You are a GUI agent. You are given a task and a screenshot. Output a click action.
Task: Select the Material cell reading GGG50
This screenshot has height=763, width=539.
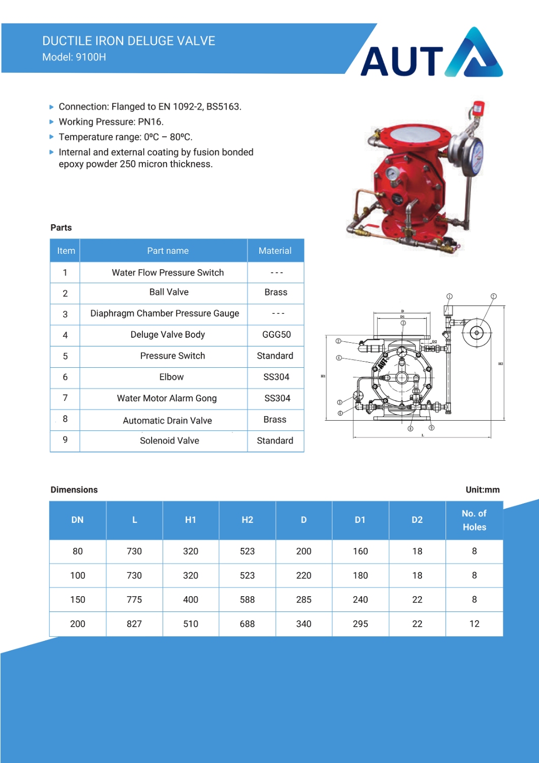[x=276, y=335]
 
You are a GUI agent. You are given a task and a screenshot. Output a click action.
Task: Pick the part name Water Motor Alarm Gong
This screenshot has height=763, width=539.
[x=167, y=398]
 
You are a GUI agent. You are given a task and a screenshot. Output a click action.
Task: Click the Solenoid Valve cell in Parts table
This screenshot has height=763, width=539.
[x=169, y=441]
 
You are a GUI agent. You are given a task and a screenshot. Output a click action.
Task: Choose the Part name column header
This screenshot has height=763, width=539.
[x=168, y=251]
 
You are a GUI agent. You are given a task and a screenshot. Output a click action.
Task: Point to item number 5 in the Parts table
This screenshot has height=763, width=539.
[x=65, y=356]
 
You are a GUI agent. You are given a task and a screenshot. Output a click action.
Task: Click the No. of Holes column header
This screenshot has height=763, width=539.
[x=474, y=520]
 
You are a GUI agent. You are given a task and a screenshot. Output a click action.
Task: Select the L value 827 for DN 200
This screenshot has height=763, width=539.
[x=134, y=624]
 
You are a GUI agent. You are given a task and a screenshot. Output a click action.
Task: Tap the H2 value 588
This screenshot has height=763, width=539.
[x=247, y=600]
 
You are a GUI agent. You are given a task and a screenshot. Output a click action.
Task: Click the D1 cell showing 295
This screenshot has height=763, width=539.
[x=360, y=624]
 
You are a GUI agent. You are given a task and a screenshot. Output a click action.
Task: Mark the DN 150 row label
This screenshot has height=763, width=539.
[x=78, y=600]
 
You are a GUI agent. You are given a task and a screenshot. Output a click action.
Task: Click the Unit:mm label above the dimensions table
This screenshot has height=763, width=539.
[x=483, y=490]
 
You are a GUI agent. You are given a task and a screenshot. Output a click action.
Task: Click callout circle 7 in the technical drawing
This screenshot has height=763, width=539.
[x=493, y=296]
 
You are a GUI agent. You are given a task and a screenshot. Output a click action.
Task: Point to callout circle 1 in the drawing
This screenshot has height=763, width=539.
[x=450, y=296]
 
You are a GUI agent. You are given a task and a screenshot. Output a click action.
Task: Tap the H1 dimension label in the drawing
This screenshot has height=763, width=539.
[x=323, y=376]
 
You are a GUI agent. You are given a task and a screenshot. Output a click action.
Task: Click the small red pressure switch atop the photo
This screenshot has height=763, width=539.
[x=478, y=107]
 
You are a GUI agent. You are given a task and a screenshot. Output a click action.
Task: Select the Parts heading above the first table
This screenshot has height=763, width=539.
[x=61, y=228]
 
